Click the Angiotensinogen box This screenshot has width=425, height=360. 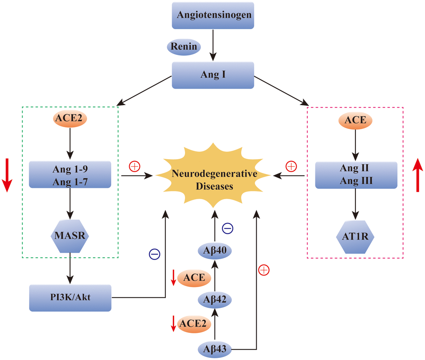[x=214, y=15]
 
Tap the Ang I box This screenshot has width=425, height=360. [x=213, y=75]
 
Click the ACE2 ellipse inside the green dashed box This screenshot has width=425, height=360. [x=70, y=119]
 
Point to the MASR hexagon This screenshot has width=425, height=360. [x=70, y=236]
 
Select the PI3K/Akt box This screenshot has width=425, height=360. [x=70, y=297]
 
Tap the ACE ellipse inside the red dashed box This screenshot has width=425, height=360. [x=355, y=120]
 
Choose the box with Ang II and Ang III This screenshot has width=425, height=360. [x=355, y=175]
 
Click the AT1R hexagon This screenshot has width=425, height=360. [x=355, y=237]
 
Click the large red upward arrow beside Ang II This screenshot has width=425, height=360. [x=418, y=175]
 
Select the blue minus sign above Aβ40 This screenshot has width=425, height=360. [x=227, y=228]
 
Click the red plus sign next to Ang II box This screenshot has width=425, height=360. [x=291, y=167]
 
